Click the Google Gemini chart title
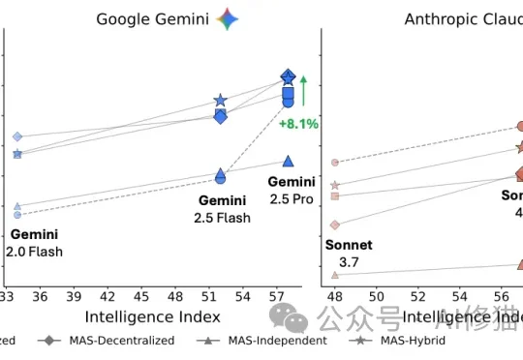[153, 19]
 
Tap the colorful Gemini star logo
[228, 18]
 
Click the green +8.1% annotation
[298, 123]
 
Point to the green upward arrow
[303, 91]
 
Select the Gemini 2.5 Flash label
[223, 209]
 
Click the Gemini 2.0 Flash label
[36, 243]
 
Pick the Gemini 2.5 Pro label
[292, 190]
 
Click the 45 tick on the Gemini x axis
[140, 295]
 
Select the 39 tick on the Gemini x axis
[73, 295]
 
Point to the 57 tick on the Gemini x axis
[277, 295]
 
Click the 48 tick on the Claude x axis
[336, 295]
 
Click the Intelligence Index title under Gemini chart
[153, 316]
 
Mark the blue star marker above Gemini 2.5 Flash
[221, 101]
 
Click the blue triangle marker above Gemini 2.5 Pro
[288, 161]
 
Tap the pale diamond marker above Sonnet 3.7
[335, 225]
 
